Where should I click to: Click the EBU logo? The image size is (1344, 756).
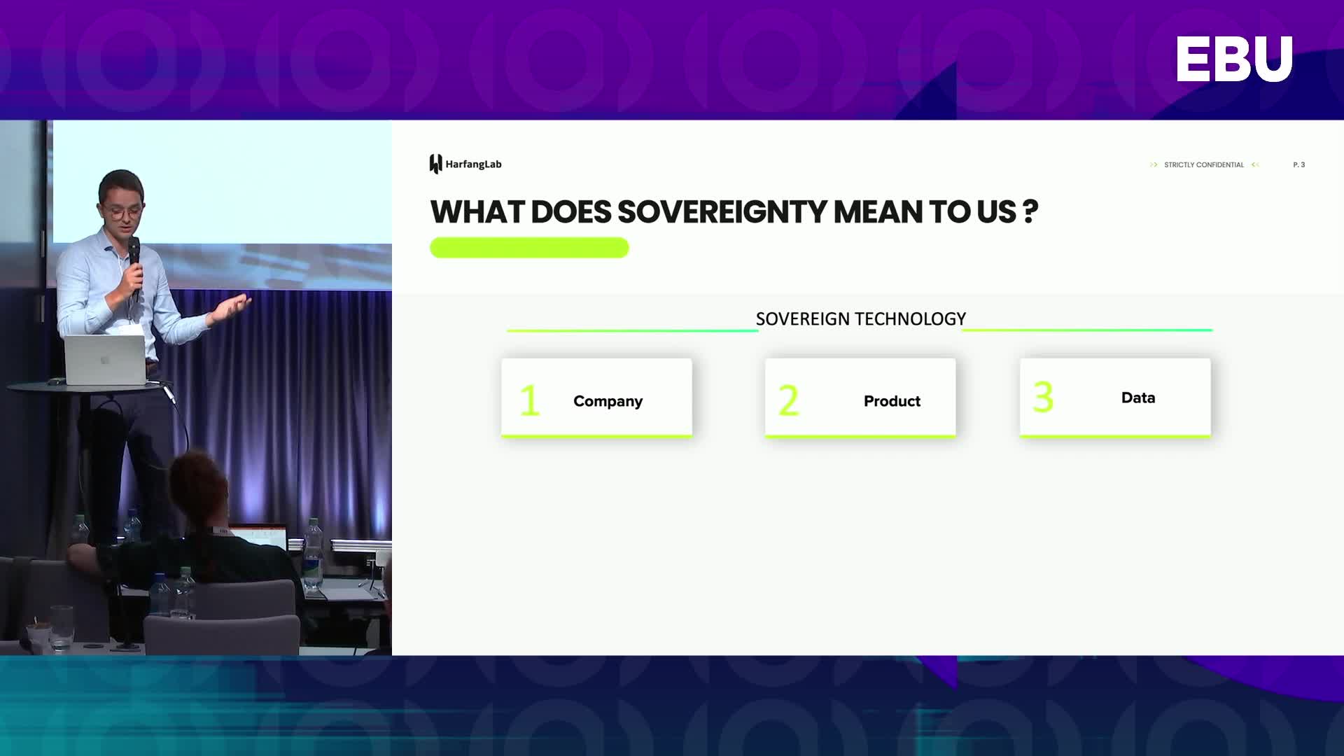tap(1234, 59)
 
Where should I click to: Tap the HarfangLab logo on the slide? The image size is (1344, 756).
tap(465, 164)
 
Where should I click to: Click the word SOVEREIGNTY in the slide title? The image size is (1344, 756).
tap(722, 211)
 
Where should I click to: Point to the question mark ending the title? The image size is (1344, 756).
tap(1030, 211)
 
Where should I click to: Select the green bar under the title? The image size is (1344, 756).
tap(529, 248)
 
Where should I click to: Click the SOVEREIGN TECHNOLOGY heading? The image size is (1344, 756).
tap(860, 319)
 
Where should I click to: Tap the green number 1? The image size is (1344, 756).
tap(530, 400)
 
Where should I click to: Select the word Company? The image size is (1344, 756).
tap(608, 401)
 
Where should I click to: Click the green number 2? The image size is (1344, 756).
tap(788, 400)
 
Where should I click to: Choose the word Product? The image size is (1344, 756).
tap(892, 401)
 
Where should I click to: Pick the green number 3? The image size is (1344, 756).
tap(1043, 397)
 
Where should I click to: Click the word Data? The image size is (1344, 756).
tap(1138, 398)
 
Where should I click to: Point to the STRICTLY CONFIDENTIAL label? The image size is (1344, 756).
tap(1204, 164)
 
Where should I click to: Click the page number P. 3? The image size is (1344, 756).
tap(1299, 164)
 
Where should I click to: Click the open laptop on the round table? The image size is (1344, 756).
tap(106, 359)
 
